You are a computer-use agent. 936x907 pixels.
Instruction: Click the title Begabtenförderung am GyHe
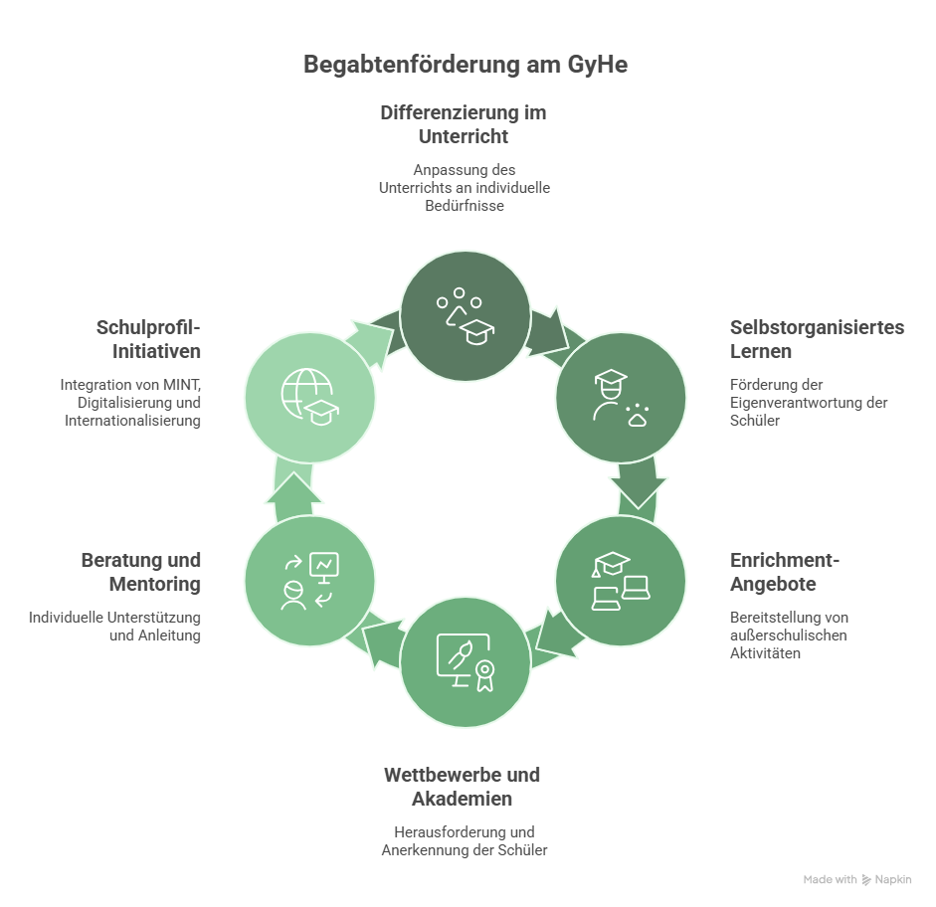(466, 66)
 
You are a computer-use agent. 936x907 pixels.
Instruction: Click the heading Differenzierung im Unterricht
(464, 124)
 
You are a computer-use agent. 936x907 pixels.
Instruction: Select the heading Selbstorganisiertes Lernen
(817, 339)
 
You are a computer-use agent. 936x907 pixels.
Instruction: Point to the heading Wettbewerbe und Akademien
(463, 787)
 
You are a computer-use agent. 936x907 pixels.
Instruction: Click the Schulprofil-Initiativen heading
(148, 339)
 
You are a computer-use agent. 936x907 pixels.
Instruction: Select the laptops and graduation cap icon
(620, 581)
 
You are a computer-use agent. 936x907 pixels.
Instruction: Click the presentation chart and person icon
(309, 581)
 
